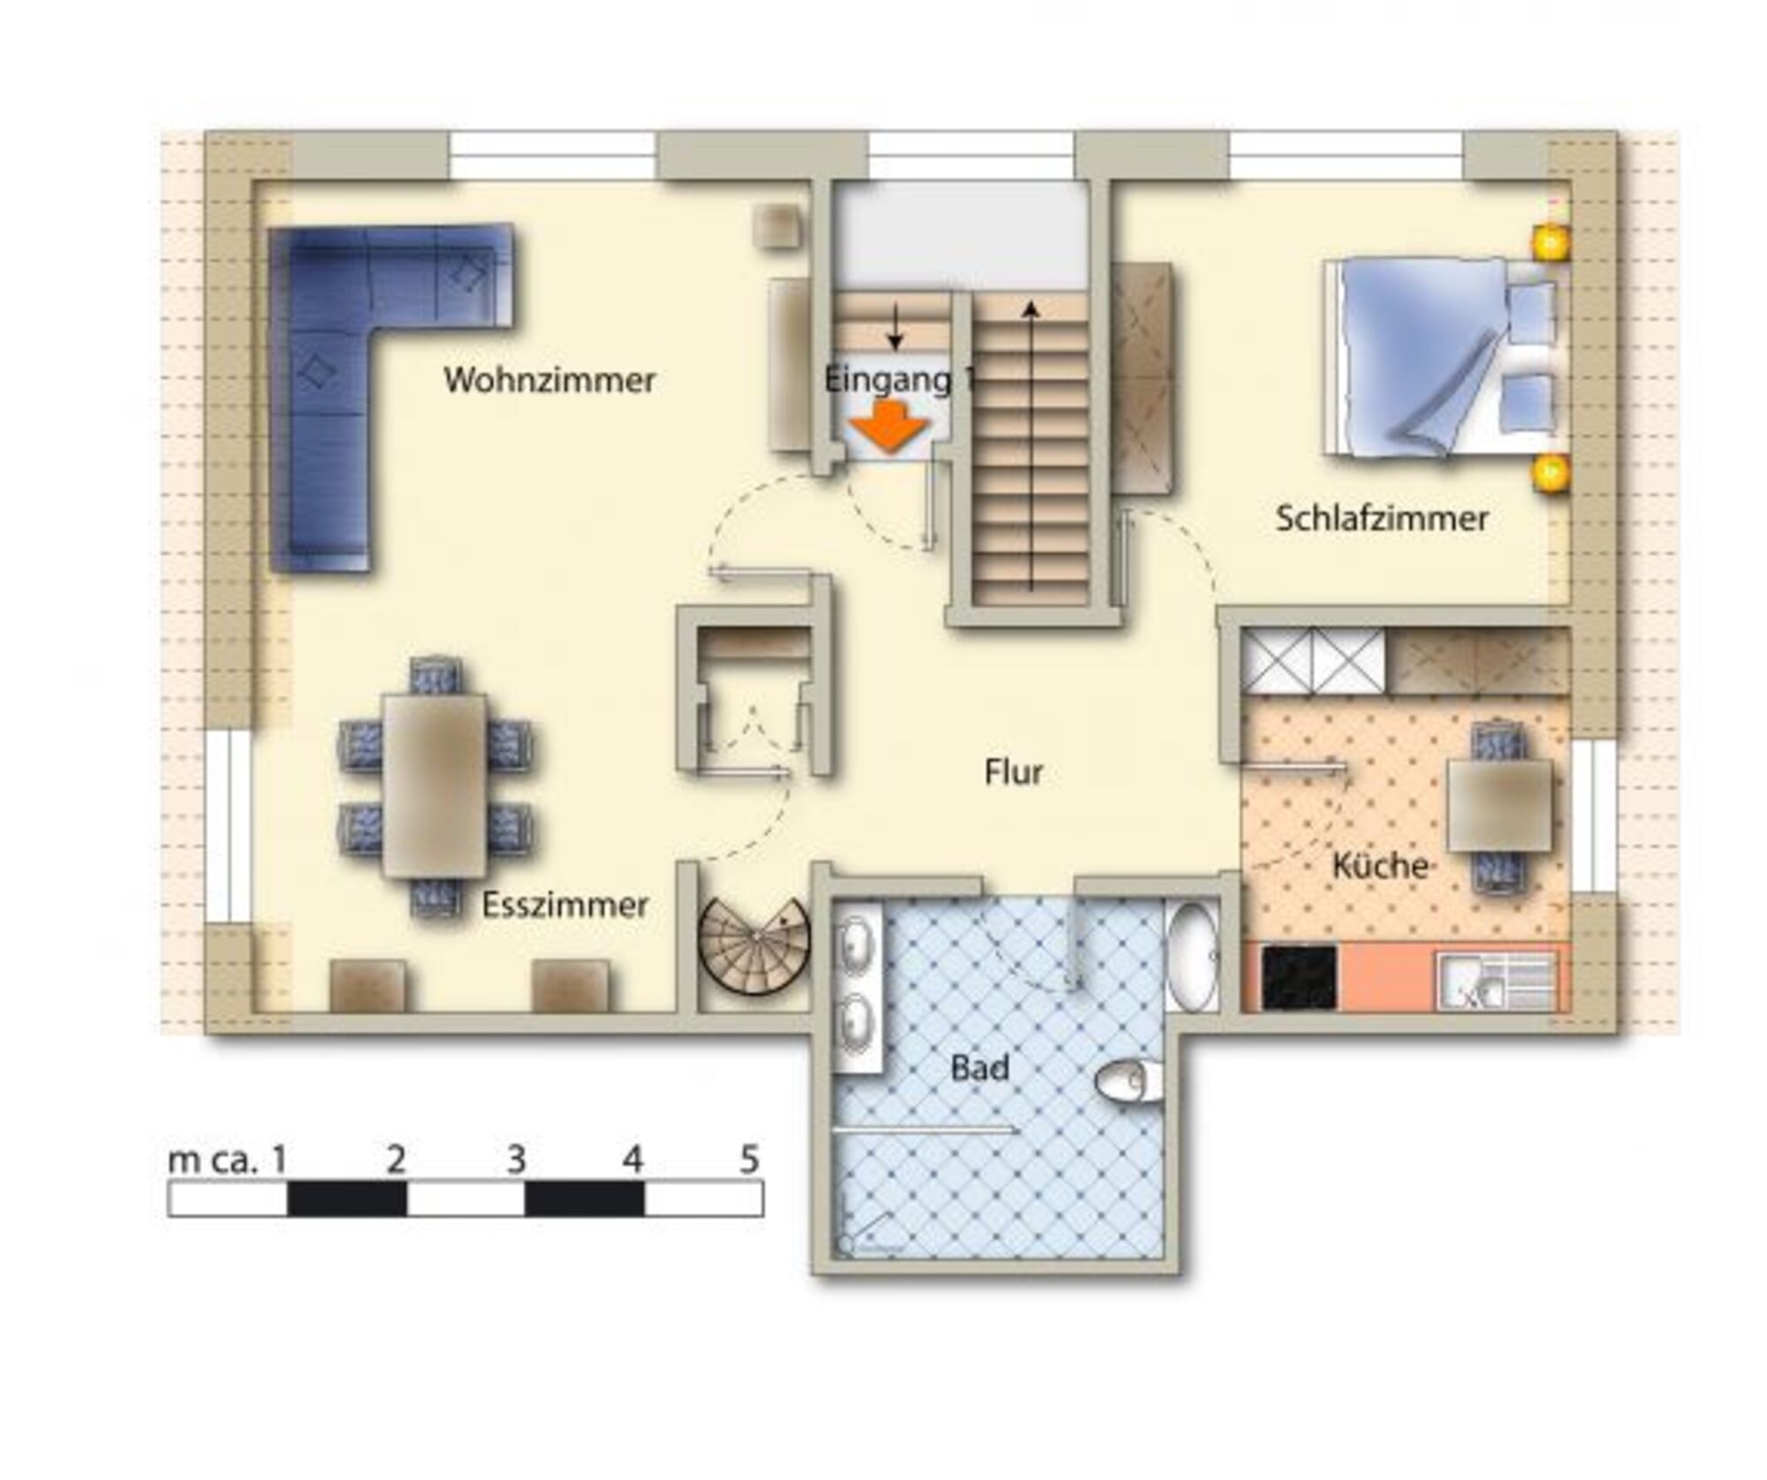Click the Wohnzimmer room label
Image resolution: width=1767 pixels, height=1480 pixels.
[x=550, y=380]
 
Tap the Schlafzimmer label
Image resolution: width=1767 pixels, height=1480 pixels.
[x=1382, y=518]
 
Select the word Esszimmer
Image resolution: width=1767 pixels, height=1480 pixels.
[x=565, y=905]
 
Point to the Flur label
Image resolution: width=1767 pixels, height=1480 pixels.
[x=1013, y=772]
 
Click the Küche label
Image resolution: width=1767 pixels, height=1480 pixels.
[x=1380, y=865]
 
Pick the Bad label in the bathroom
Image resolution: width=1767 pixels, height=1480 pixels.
[x=980, y=1068]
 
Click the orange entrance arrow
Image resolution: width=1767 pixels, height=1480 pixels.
[x=889, y=427]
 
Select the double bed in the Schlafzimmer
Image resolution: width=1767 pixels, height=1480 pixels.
[x=1445, y=358]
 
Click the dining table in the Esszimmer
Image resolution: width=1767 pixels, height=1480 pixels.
[x=435, y=785]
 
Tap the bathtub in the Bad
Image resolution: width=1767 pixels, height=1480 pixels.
[x=1193, y=956]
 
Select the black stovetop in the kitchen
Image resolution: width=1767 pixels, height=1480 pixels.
[x=1299, y=977]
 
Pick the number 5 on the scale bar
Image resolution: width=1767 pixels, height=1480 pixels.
[x=749, y=1158]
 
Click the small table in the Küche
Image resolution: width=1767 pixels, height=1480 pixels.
[x=1499, y=805]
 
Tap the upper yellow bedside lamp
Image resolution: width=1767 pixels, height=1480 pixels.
[x=1551, y=241]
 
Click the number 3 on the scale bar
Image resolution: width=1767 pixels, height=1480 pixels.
[x=517, y=1158]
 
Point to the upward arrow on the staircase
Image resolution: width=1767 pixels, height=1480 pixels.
[x=1031, y=445]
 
